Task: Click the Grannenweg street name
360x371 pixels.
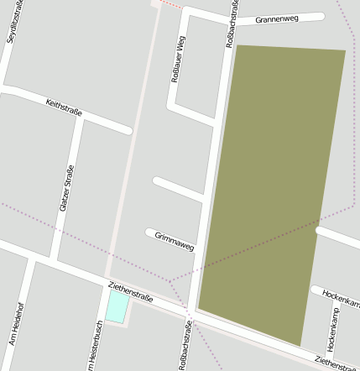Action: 277,18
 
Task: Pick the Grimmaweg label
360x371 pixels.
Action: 175,242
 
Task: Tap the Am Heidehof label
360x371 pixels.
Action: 16,324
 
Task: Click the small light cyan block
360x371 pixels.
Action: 117,306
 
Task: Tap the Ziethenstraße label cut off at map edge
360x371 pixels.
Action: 337,363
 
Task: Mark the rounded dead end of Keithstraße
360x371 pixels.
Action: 128,130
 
